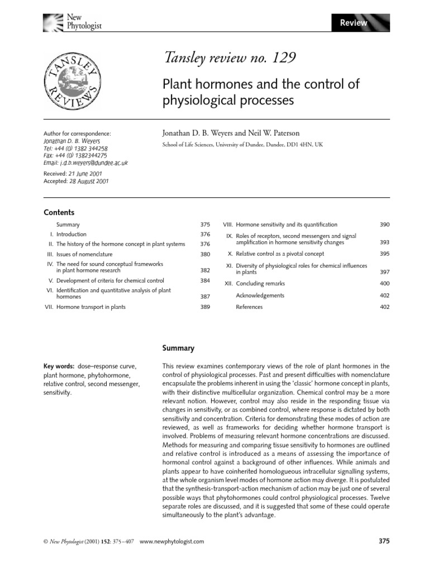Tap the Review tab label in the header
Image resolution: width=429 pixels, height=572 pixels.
(x=354, y=23)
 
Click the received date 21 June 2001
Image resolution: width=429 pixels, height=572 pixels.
(x=88, y=174)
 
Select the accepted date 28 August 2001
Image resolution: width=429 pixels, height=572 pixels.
(x=90, y=181)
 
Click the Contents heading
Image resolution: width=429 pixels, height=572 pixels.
(x=59, y=212)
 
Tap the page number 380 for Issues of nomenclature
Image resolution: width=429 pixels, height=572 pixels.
(x=205, y=254)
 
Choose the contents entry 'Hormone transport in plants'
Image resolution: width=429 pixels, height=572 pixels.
(x=91, y=307)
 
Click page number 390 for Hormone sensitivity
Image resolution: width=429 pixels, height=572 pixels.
(x=384, y=224)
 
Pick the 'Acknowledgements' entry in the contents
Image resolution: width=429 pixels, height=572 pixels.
(x=260, y=295)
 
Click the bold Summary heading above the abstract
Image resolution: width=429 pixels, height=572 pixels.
(x=178, y=348)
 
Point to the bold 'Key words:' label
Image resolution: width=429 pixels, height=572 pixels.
(x=60, y=366)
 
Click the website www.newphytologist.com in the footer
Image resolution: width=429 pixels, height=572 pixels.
(x=171, y=541)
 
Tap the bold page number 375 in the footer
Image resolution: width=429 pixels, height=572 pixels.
(x=384, y=541)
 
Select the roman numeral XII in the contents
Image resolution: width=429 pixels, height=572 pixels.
(x=228, y=284)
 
